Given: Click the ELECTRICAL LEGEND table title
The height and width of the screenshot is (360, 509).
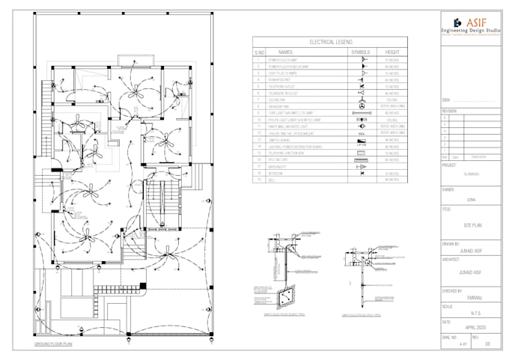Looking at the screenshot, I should (x=330, y=43).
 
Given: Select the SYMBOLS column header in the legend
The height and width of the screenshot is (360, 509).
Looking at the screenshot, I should (x=360, y=52).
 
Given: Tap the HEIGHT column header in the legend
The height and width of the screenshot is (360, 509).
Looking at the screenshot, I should (x=392, y=52).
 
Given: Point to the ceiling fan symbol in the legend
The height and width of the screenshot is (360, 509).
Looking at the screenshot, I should (x=361, y=99).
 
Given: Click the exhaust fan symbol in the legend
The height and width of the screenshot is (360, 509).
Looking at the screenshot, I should (x=361, y=106).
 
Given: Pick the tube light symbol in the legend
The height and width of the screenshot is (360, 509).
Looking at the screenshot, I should (x=361, y=113).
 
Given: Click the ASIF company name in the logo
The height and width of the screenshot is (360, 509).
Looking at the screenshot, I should (x=477, y=21).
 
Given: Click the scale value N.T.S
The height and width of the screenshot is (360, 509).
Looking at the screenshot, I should (x=473, y=313).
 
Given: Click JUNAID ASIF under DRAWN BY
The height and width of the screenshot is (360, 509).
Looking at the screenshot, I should (x=473, y=252).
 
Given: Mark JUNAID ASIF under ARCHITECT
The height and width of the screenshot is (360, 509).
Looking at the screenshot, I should (x=473, y=273).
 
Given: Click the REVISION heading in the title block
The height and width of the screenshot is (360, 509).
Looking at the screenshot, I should (x=449, y=109).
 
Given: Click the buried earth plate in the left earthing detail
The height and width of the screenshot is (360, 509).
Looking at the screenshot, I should (x=285, y=297).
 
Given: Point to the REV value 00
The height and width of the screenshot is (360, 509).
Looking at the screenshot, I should (x=487, y=344).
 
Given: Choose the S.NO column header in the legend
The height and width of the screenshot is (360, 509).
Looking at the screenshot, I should (x=259, y=52).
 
